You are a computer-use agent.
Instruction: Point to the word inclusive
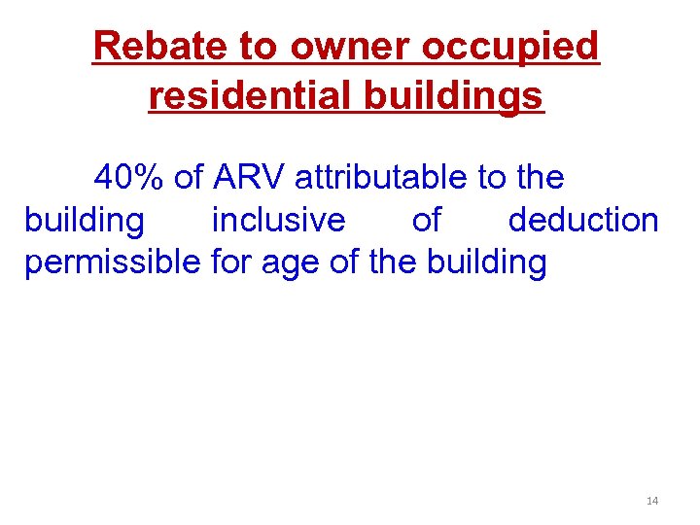pyautogui.click(x=278, y=221)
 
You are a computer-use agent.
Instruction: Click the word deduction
pyautogui.click(x=583, y=221)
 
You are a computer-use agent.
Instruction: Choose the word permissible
pyautogui.click(x=113, y=262)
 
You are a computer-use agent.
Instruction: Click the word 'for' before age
pyautogui.click(x=230, y=262)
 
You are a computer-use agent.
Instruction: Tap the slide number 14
pyautogui.click(x=652, y=501)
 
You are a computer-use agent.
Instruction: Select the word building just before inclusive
pyautogui.click(x=84, y=221)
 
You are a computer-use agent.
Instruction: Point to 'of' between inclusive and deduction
pyautogui.click(x=426, y=221)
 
